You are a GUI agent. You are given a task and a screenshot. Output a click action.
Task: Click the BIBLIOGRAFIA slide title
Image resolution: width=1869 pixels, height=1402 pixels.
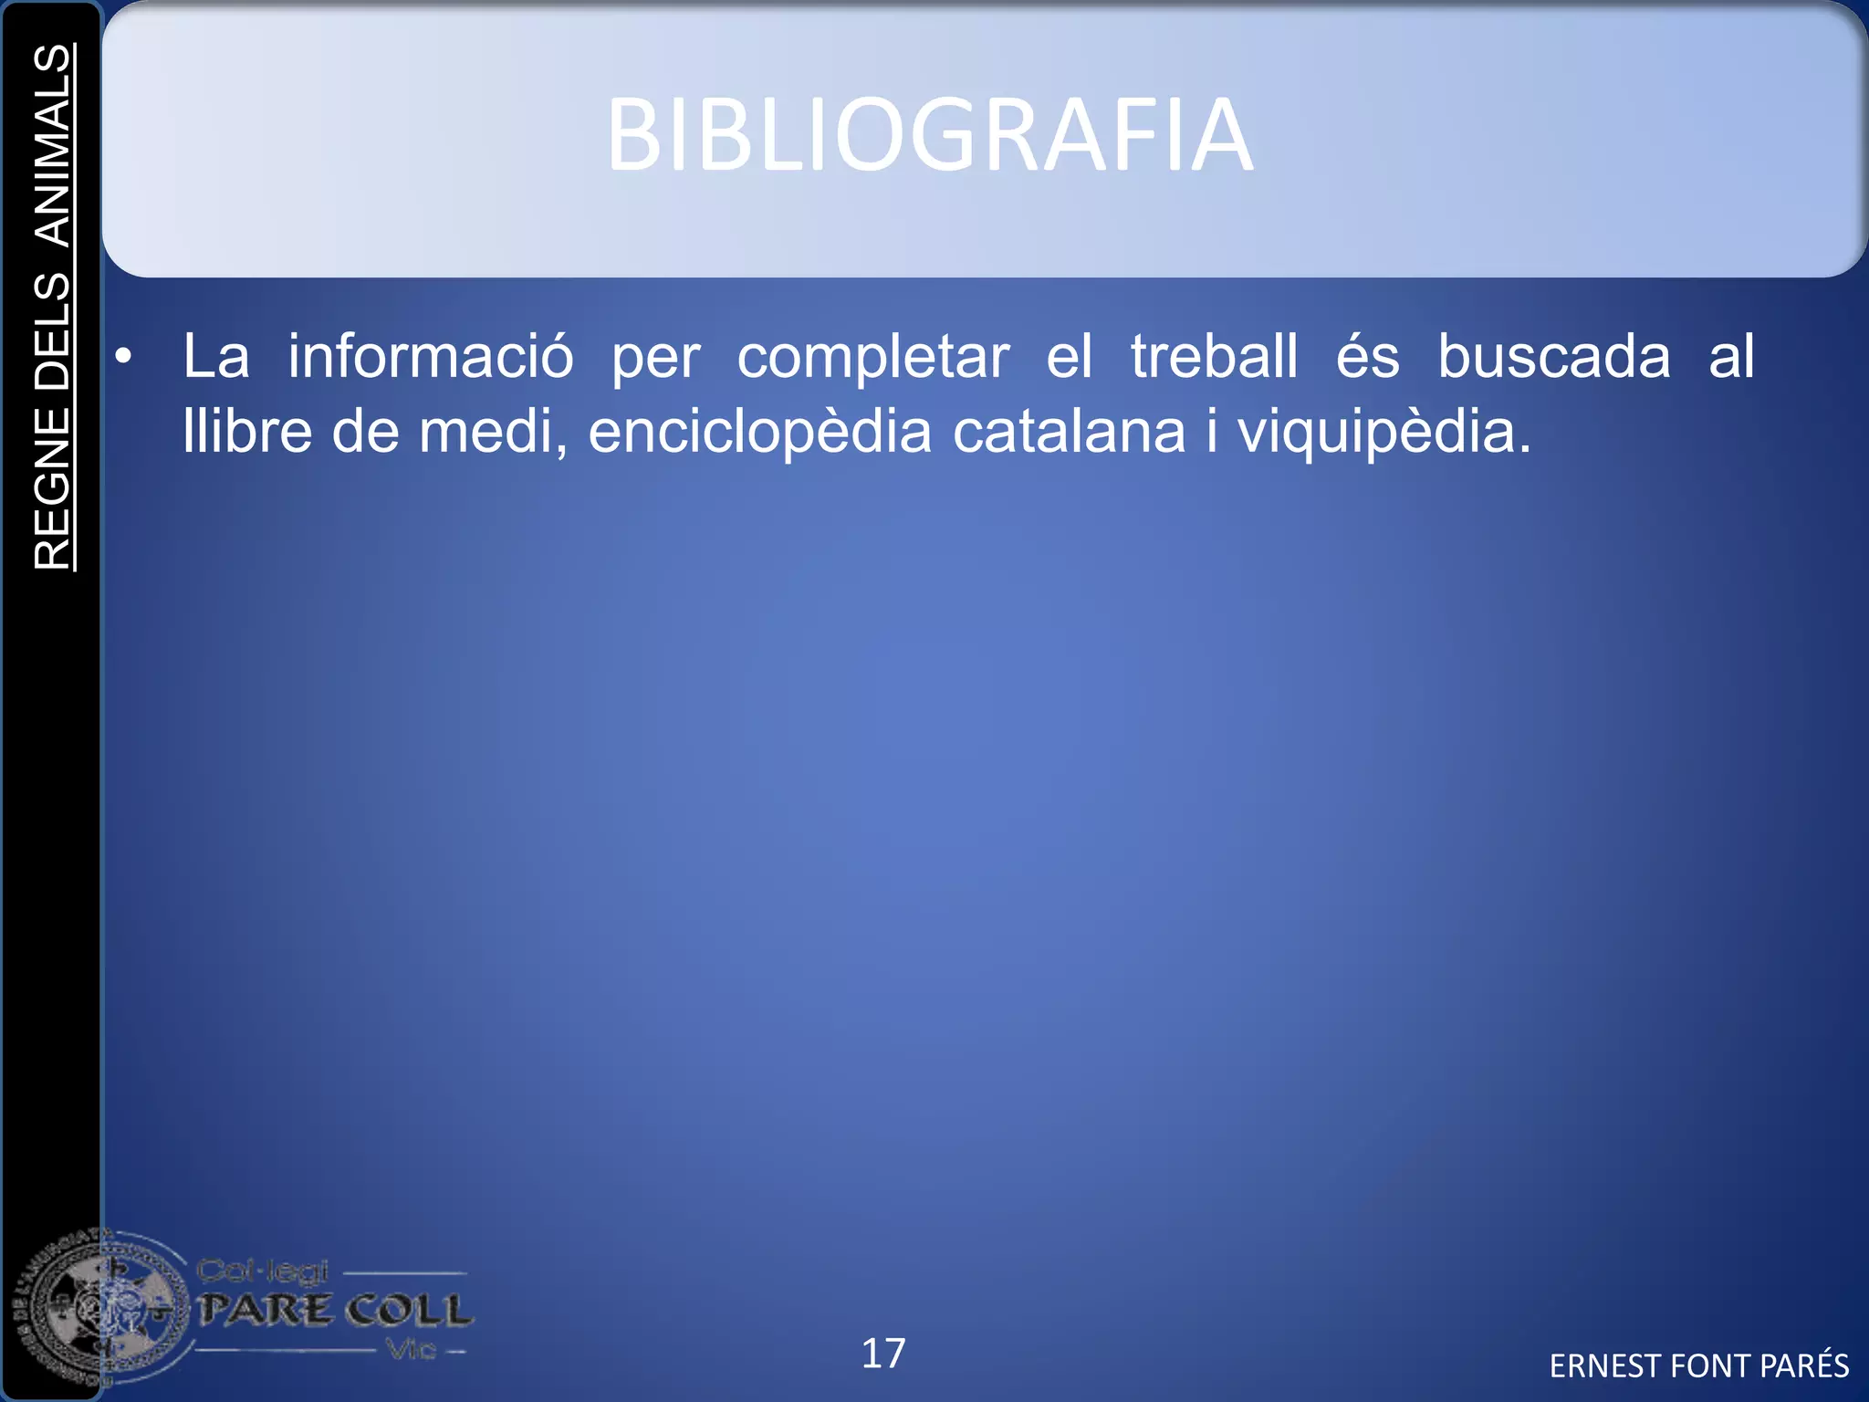[929, 135]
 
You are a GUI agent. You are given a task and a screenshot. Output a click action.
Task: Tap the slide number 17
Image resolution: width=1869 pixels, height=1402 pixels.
[883, 1354]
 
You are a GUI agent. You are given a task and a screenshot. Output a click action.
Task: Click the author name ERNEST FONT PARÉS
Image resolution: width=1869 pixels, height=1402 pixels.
[1698, 1365]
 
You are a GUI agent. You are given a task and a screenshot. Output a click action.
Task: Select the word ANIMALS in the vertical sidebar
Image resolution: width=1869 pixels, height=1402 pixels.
[53, 146]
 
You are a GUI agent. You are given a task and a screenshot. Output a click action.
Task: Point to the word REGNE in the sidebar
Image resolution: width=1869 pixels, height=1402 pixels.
[53, 488]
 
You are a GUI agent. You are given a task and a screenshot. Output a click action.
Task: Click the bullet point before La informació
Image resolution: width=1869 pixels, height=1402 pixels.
[124, 357]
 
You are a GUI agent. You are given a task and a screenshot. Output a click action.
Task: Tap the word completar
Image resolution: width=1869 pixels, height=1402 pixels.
[872, 358]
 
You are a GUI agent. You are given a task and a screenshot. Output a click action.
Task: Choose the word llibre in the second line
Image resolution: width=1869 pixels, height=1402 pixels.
[247, 431]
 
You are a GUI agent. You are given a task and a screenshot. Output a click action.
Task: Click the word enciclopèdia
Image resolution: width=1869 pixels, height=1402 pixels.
[759, 433]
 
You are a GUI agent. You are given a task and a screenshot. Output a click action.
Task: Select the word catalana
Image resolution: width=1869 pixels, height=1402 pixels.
[1069, 431]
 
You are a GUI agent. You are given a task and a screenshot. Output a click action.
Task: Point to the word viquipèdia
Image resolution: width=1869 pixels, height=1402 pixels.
[1383, 433]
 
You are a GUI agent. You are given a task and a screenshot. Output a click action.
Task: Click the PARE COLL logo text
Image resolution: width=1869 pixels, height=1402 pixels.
[335, 1311]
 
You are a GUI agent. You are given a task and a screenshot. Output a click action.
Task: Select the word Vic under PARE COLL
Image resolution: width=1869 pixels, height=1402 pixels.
[412, 1349]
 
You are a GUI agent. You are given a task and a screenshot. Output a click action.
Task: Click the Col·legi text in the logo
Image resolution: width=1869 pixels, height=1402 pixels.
[262, 1271]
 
